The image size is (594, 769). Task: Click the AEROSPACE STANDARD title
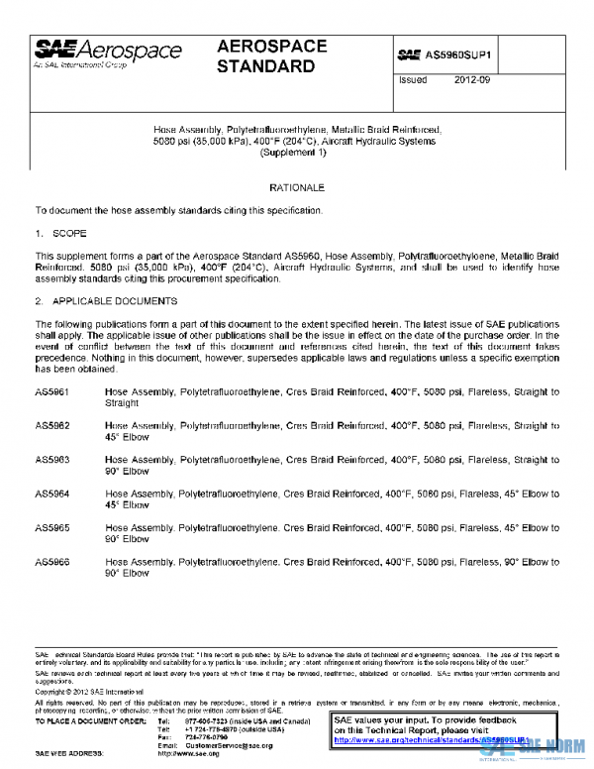pos(266,57)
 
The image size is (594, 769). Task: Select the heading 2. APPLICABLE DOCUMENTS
pos(106,300)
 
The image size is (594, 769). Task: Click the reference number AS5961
pos(52,392)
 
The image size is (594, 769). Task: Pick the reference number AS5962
pos(52,426)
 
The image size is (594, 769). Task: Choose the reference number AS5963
pos(52,460)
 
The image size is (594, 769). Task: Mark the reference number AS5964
pos(52,494)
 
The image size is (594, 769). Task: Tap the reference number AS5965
pos(52,528)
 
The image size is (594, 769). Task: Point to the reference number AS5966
pos(52,562)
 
